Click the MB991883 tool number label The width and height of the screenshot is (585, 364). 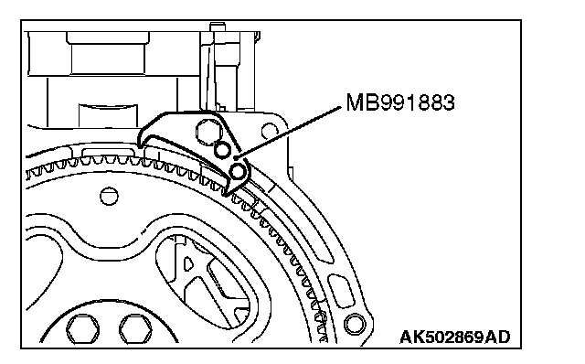tap(400, 102)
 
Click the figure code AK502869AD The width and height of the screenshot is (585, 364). tap(455, 337)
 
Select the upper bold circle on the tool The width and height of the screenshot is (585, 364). tap(222, 150)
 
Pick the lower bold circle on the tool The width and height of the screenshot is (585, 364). tap(238, 172)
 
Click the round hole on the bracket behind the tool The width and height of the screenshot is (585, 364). tap(270, 131)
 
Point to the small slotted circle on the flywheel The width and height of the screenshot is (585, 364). tap(109, 196)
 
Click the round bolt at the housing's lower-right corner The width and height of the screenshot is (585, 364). tap(355, 324)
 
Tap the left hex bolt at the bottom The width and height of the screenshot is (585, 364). tap(83, 329)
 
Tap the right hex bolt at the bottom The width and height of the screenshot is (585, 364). tap(135, 329)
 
